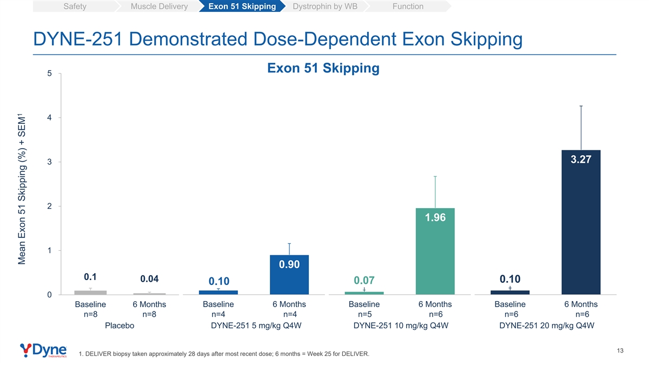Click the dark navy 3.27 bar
581,222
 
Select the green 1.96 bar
435,251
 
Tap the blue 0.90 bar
289,275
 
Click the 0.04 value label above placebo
149,278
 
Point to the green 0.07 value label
364,280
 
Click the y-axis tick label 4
50,118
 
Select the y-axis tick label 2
50,206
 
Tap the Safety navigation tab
75,6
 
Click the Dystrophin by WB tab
325,6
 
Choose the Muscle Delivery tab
159,6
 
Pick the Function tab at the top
408,6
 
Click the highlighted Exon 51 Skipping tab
242,6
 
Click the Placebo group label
120,326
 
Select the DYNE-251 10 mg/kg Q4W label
401,326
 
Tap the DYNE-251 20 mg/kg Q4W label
547,326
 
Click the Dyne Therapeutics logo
43,350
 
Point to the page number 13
620,351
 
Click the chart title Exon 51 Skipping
323,68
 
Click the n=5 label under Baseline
365,314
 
